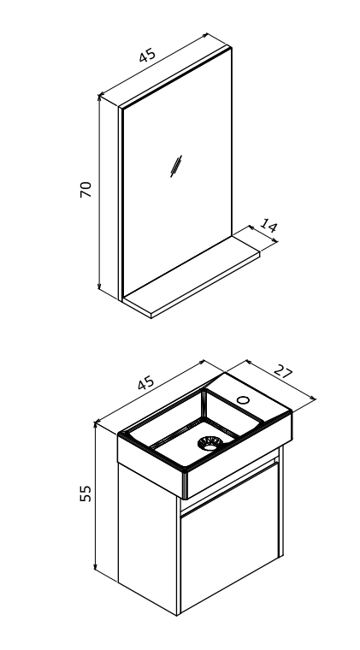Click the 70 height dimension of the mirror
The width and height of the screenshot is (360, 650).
tap(86, 190)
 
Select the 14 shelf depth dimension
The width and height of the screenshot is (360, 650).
tap(269, 227)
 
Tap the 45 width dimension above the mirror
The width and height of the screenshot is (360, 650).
tap(147, 55)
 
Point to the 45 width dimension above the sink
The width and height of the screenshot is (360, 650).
tap(146, 383)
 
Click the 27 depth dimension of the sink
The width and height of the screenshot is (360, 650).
tap(283, 371)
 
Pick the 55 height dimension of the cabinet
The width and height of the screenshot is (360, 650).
tap(86, 493)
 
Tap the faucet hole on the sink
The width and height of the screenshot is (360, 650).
tap(243, 400)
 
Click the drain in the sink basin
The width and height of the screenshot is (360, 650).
tap(210, 443)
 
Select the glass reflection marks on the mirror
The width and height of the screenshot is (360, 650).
tap(176, 166)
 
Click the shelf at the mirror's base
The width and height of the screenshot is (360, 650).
tap(192, 277)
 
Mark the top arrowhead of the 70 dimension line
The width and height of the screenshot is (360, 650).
tap(99, 97)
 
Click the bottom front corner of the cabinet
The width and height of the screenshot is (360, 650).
tap(178, 615)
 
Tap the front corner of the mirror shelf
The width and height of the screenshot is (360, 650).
tap(151, 318)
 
